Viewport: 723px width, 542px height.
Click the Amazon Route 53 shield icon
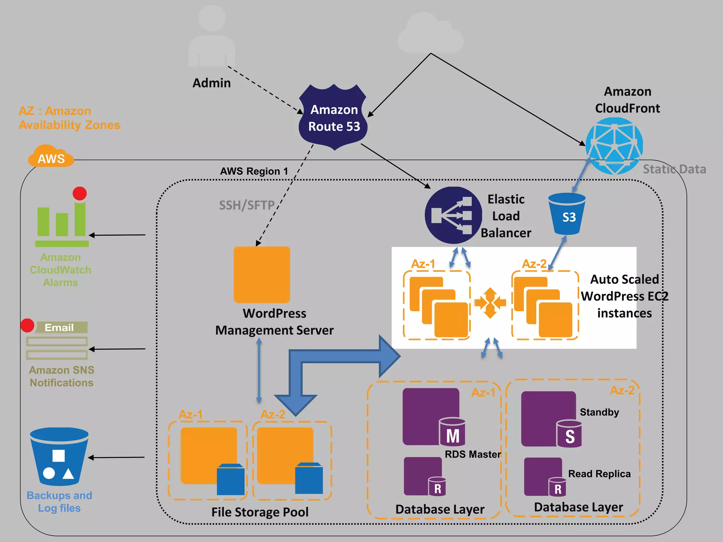(333, 118)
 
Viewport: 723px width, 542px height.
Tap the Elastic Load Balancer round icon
(453, 215)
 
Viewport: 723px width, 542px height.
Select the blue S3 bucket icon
(567, 214)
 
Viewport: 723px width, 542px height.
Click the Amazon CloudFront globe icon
(614, 146)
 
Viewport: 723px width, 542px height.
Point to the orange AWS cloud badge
(51, 157)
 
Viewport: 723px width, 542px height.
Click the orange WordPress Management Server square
(262, 275)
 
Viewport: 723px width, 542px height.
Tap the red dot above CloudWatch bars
(80, 193)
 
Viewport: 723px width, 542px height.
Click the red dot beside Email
(27, 325)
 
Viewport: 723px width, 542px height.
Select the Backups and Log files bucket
(59, 457)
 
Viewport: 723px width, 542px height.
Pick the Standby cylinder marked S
(569, 434)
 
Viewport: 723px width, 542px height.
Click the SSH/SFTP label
(247, 205)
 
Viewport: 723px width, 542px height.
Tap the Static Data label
(674, 169)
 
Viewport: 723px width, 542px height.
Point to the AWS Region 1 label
(254, 171)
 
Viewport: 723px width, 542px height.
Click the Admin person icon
(212, 37)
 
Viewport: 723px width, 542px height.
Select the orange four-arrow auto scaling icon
(490, 303)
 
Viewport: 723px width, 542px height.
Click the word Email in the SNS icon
(59, 327)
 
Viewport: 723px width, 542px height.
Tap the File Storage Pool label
(260, 512)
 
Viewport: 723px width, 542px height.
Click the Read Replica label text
(599, 474)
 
